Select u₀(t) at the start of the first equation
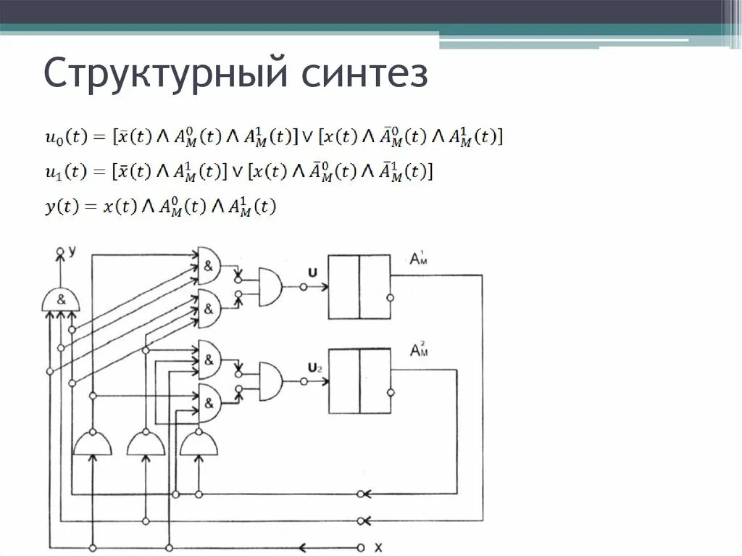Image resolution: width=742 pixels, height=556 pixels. pyautogui.click(x=63, y=136)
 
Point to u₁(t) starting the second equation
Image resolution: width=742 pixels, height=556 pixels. pyautogui.click(x=63, y=172)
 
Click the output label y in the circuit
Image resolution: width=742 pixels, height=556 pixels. pyautogui.click(x=72, y=251)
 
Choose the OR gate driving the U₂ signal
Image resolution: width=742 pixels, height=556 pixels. pyautogui.click(x=270, y=379)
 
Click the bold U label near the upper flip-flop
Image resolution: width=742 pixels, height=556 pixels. pyautogui.click(x=312, y=272)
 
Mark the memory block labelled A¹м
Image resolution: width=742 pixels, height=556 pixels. pyautogui.click(x=359, y=286)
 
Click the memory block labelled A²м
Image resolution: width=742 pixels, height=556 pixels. pyautogui.click(x=359, y=381)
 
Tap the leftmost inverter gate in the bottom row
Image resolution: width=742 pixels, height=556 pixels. pyautogui.click(x=93, y=443)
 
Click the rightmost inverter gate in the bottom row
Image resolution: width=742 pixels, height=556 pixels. pyautogui.click(x=199, y=443)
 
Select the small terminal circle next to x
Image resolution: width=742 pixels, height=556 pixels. pyautogui.click(x=360, y=547)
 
